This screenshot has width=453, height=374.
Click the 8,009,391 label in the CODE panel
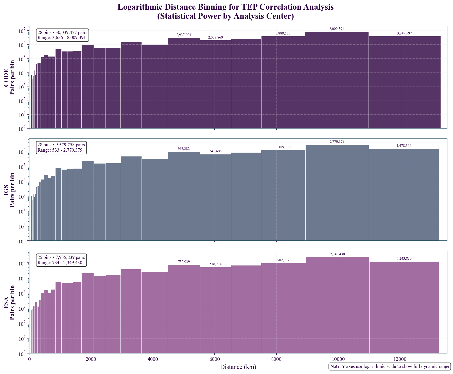coord(337,29)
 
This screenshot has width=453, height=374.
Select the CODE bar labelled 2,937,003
coord(184,84)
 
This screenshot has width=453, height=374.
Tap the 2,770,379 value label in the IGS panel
coord(337,142)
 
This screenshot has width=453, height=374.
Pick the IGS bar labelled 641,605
coord(215,198)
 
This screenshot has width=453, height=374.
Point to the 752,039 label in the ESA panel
coord(184,262)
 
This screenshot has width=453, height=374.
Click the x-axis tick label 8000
coord(276,359)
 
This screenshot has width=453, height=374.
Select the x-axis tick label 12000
coord(400,359)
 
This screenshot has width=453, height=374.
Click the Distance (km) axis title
coord(238,367)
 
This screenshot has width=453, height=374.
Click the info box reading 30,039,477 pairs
coord(62,35)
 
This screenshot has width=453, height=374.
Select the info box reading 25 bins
coord(61,260)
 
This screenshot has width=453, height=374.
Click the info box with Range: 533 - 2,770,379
coord(61,148)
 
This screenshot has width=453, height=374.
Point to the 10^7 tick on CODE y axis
coord(22,31)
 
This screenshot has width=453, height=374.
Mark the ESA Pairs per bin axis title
coord(9,302)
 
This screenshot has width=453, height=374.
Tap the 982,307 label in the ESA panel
coord(283,260)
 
